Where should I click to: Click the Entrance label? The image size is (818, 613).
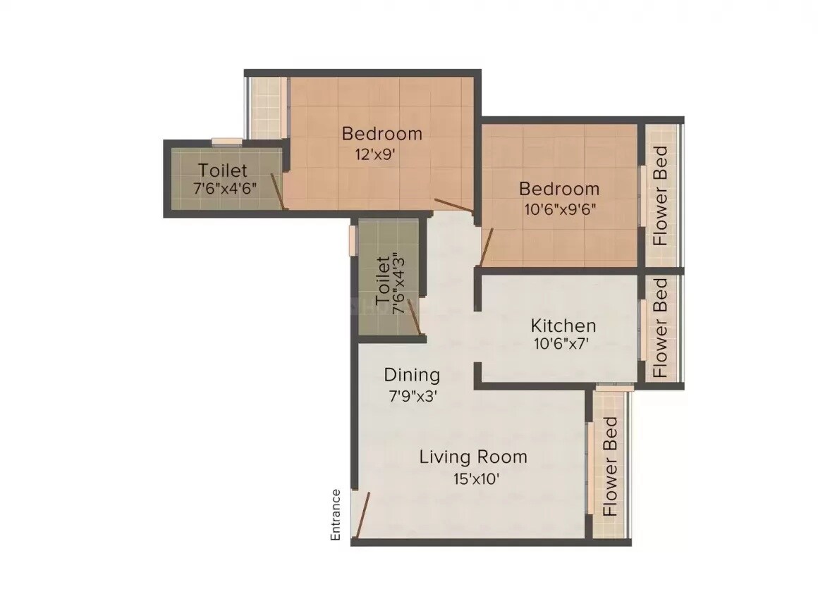click(336, 514)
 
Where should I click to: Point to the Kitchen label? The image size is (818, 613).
click(563, 326)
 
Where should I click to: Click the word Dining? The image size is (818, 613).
click(412, 375)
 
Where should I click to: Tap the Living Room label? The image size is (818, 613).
click(473, 457)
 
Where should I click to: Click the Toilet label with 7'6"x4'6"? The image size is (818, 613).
click(222, 171)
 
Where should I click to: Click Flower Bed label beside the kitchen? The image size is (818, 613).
click(660, 328)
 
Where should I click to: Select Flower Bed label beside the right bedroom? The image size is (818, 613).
click(660, 195)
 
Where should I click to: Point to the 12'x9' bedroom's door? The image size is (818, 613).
click(454, 206)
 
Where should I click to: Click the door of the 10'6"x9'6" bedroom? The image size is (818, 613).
click(485, 247)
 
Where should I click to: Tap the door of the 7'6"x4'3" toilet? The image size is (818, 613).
click(416, 322)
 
